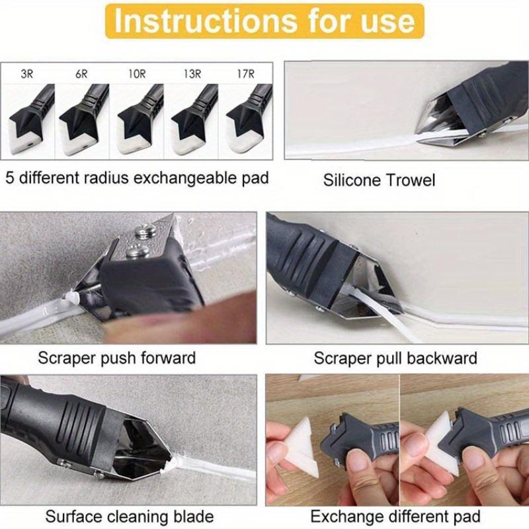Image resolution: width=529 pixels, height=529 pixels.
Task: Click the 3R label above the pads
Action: coord(27,74)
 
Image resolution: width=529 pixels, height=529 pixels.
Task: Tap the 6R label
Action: coord(81,74)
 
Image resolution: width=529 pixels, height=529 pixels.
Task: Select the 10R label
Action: coord(137,74)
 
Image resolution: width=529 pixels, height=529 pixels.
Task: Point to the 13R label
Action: coord(192,74)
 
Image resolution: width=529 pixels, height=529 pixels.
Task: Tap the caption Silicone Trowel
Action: coord(380,180)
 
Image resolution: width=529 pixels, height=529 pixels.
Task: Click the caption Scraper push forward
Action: coord(116,358)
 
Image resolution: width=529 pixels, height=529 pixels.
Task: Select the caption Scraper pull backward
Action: coord(395,358)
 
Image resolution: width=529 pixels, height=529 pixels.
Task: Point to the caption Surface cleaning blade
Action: coord(130,516)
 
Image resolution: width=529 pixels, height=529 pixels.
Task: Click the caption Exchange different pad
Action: coord(395,516)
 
